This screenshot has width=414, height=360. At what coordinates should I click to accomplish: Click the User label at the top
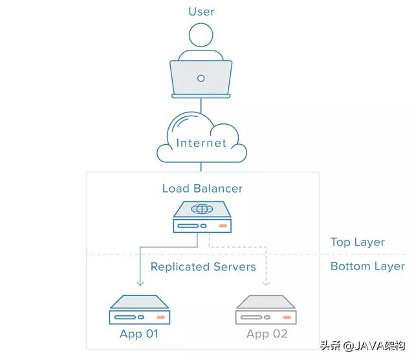tap(201, 12)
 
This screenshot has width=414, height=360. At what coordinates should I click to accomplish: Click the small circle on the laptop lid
tap(201, 78)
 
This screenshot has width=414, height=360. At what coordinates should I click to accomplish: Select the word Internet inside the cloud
tap(202, 143)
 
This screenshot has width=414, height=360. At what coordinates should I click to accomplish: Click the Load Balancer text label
tap(202, 189)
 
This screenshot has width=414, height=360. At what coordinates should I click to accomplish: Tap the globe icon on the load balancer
tap(202, 209)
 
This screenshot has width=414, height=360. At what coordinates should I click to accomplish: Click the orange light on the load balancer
tap(223, 226)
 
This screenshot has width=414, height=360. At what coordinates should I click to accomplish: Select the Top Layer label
tap(358, 242)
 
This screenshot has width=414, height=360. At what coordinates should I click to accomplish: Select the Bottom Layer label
tap(367, 266)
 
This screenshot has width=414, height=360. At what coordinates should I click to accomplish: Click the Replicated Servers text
tap(203, 267)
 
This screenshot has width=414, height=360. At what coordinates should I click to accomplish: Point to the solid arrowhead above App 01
tap(139, 283)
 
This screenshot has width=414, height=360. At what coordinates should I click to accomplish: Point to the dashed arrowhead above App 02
tap(265, 283)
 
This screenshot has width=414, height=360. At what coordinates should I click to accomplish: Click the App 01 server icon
tap(139, 310)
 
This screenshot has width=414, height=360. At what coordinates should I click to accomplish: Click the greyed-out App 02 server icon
tap(266, 310)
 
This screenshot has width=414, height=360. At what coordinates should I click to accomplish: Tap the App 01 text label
tap(139, 335)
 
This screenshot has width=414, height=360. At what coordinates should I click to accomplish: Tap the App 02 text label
tap(267, 335)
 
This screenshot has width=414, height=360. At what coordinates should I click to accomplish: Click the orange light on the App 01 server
tap(160, 318)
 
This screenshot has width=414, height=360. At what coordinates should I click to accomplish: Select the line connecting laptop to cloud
tap(201, 105)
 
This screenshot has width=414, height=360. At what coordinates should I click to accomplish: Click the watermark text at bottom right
tap(365, 345)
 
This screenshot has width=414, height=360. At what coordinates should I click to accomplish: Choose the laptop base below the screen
tap(201, 96)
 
